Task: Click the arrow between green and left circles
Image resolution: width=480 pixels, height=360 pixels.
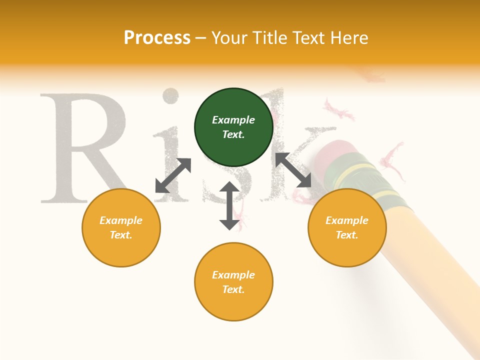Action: [173, 175]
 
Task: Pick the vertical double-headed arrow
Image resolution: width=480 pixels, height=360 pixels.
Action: [229, 205]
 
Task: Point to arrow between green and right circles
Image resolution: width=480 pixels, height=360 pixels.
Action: [293, 170]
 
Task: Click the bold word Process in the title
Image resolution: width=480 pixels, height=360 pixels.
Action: [157, 38]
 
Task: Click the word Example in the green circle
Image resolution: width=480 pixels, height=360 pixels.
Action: [233, 120]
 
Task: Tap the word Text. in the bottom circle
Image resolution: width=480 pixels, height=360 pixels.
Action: [233, 289]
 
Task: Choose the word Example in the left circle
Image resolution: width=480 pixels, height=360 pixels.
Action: [121, 220]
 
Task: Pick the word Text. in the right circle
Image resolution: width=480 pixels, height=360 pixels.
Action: [347, 235]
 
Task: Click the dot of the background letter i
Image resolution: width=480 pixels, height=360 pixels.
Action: [172, 96]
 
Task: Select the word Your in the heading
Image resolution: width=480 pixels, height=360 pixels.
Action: [231, 38]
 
